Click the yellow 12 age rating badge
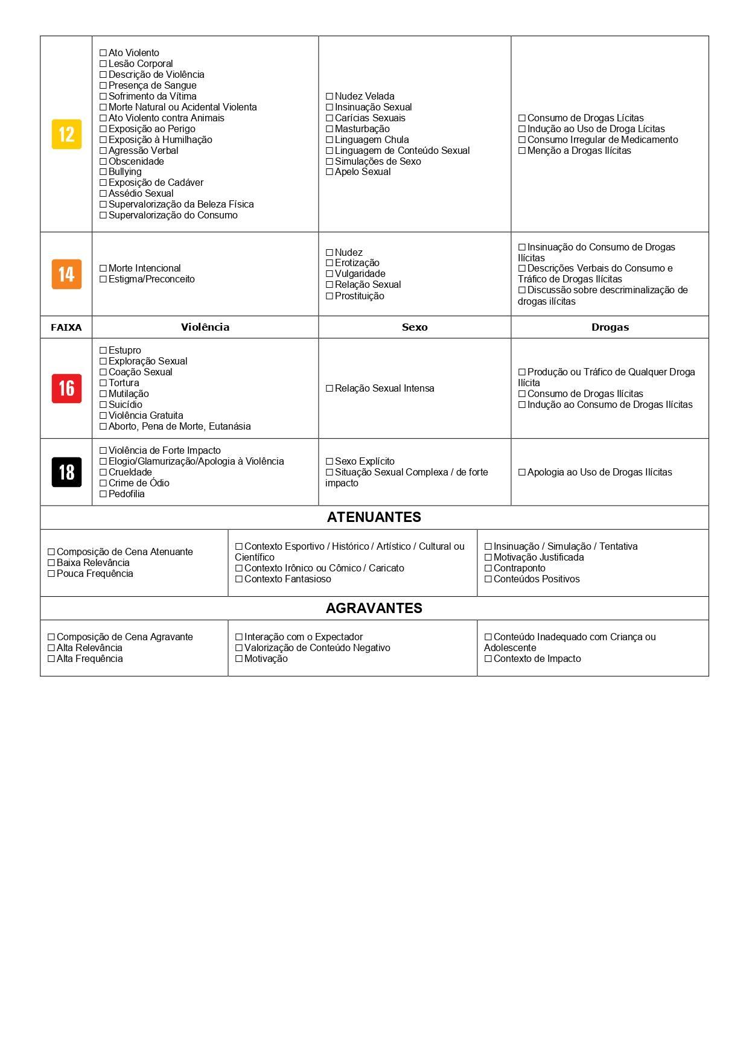pyautogui.click(x=66, y=134)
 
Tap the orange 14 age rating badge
pyautogui.click(x=66, y=274)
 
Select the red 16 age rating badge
pyautogui.click(x=66, y=389)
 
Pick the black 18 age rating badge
pyautogui.click(x=66, y=472)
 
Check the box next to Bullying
pyautogui.click(x=103, y=172)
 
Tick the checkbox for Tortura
pyautogui.click(x=103, y=383)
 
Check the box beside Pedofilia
pyautogui.click(x=103, y=494)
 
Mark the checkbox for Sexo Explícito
pyautogui.click(x=330, y=462)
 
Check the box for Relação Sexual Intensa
pyautogui.click(x=330, y=389)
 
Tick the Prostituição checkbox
pyautogui.click(x=330, y=296)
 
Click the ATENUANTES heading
pyautogui.click(x=374, y=517)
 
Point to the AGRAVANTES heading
pyautogui.click(x=374, y=608)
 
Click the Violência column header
pyautogui.click(x=205, y=327)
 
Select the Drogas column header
pyautogui.click(x=610, y=327)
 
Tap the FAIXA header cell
pyautogui.click(x=66, y=327)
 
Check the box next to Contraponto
pyautogui.click(x=488, y=568)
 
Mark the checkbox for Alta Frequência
pyautogui.click(x=51, y=659)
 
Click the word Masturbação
pyautogui.click(x=362, y=129)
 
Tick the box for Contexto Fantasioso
pyautogui.click(x=239, y=579)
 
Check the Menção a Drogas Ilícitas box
pyautogui.click(x=522, y=151)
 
